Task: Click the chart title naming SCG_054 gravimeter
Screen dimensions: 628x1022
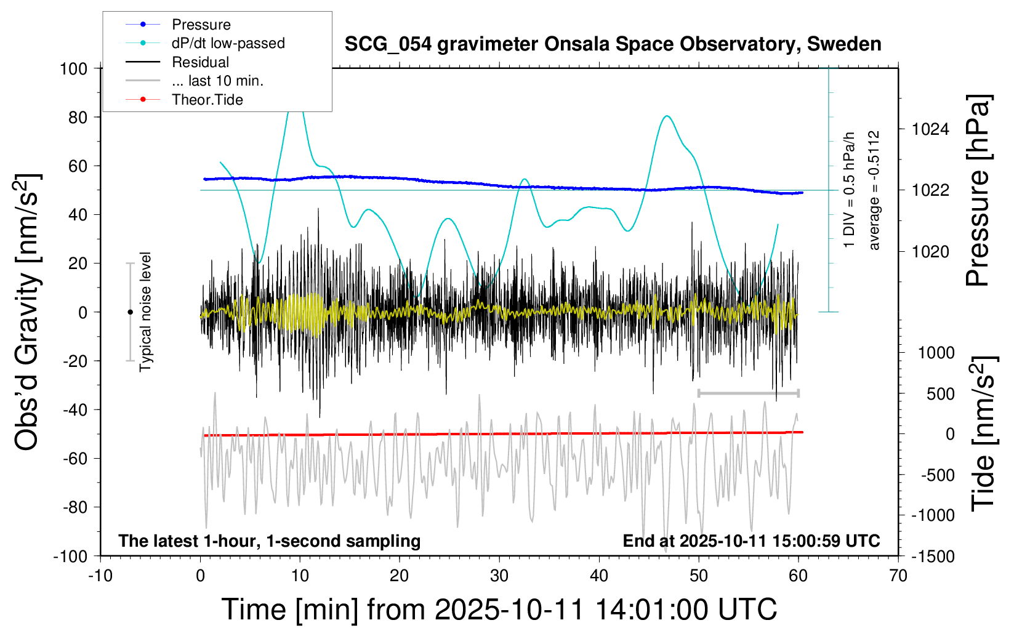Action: click(x=613, y=44)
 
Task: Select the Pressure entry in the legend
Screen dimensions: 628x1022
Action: click(x=201, y=25)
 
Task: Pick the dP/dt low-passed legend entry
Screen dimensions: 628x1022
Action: click(x=228, y=43)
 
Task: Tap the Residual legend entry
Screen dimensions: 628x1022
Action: click(x=200, y=62)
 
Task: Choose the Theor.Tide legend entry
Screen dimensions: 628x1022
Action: click(x=207, y=100)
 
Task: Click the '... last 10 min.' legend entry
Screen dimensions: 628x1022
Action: click(x=217, y=81)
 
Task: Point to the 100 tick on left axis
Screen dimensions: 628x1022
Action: click(x=73, y=68)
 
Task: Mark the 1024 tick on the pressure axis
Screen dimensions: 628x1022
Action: click(x=930, y=129)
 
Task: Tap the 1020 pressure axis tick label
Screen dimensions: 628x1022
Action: click(x=930, y=251)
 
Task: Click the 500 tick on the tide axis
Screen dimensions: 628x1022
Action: click(x=941, y=394)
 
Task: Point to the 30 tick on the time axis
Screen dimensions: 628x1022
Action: click(x=499, y=576)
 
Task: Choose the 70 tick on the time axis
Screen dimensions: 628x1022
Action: click(x=898, y=576)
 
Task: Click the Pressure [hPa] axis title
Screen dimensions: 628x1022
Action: click(x=978, y=191)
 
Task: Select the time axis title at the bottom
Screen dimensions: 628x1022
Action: click(x=499, y=610)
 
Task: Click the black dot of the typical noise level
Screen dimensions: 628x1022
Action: click(x=130, y=312)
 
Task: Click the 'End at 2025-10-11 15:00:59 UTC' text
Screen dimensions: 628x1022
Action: click(x=751, y=541)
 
